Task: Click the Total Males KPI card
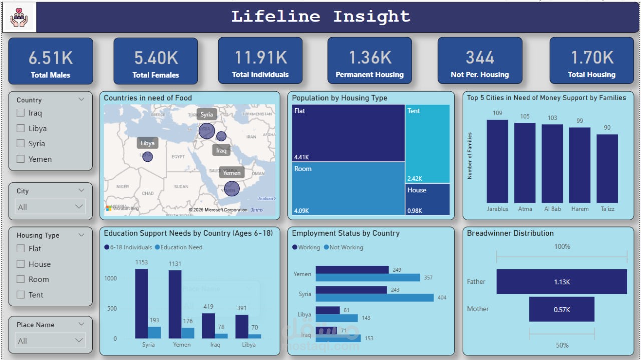tap(50, 61)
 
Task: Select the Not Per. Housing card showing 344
tap(479, 61)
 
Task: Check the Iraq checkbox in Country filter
tap(21, 113)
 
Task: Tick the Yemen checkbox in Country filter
tap(21, 159)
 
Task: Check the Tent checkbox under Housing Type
tap(21, 295)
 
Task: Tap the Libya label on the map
tap(147, 143)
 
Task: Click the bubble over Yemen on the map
tap(231, 189)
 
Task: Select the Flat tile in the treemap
tap(348, 133)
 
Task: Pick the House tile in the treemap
tap(427, 199)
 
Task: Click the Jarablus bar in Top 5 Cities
tap(497, 161)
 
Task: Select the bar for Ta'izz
tap(607, 168)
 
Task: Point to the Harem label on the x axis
tap(579, 209)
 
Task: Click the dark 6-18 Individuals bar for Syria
tap(141, 303)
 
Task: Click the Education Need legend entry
tap(181, 247)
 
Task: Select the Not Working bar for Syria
tap(375, 298)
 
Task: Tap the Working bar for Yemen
tap(352, 270)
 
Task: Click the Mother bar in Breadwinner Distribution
tap(561, 309)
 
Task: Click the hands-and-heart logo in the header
tap(19, 17)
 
